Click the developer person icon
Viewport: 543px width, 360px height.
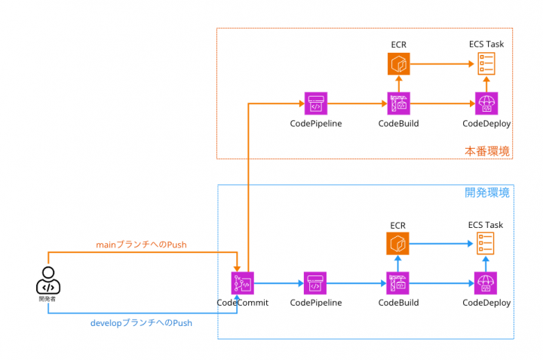[x=48, y=282]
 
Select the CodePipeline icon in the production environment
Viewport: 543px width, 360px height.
[x=315, y=103]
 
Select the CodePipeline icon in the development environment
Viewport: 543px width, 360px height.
[x=315, y=283]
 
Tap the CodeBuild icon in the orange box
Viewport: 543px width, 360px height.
[x=398, y=103]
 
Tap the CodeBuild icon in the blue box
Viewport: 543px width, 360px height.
[x=398, y=283]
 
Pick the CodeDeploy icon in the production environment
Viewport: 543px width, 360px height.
[x=486, y=103]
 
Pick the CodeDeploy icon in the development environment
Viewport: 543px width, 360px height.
[x=486, y=283]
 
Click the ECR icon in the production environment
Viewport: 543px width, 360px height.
[x=398, y=64]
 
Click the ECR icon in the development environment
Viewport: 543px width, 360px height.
[x=398, y=244]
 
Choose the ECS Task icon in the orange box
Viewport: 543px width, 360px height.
[x=486, y=63]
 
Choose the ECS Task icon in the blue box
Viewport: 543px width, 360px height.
[x=486, y=244]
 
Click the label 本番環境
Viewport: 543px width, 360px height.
[x=487, y=152]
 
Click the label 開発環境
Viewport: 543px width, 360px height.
[x=487, y=193]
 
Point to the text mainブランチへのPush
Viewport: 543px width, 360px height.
[x=141, y=245]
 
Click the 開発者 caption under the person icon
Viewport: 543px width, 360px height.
[x=48, y=299]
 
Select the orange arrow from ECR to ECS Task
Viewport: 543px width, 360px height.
[x=442, y=64]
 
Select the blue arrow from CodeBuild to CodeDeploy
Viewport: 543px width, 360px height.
[x=442, y=283]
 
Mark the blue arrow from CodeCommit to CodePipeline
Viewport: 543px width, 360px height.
[x=279, y=283]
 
